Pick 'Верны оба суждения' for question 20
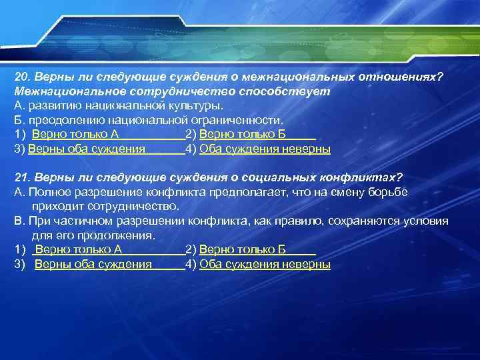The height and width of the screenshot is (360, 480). pos(87,149)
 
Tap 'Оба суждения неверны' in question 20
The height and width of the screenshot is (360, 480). pos(265,149)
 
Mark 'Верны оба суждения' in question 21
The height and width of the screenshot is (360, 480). pos(93,265)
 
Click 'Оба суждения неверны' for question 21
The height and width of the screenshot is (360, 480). pos(265,265)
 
